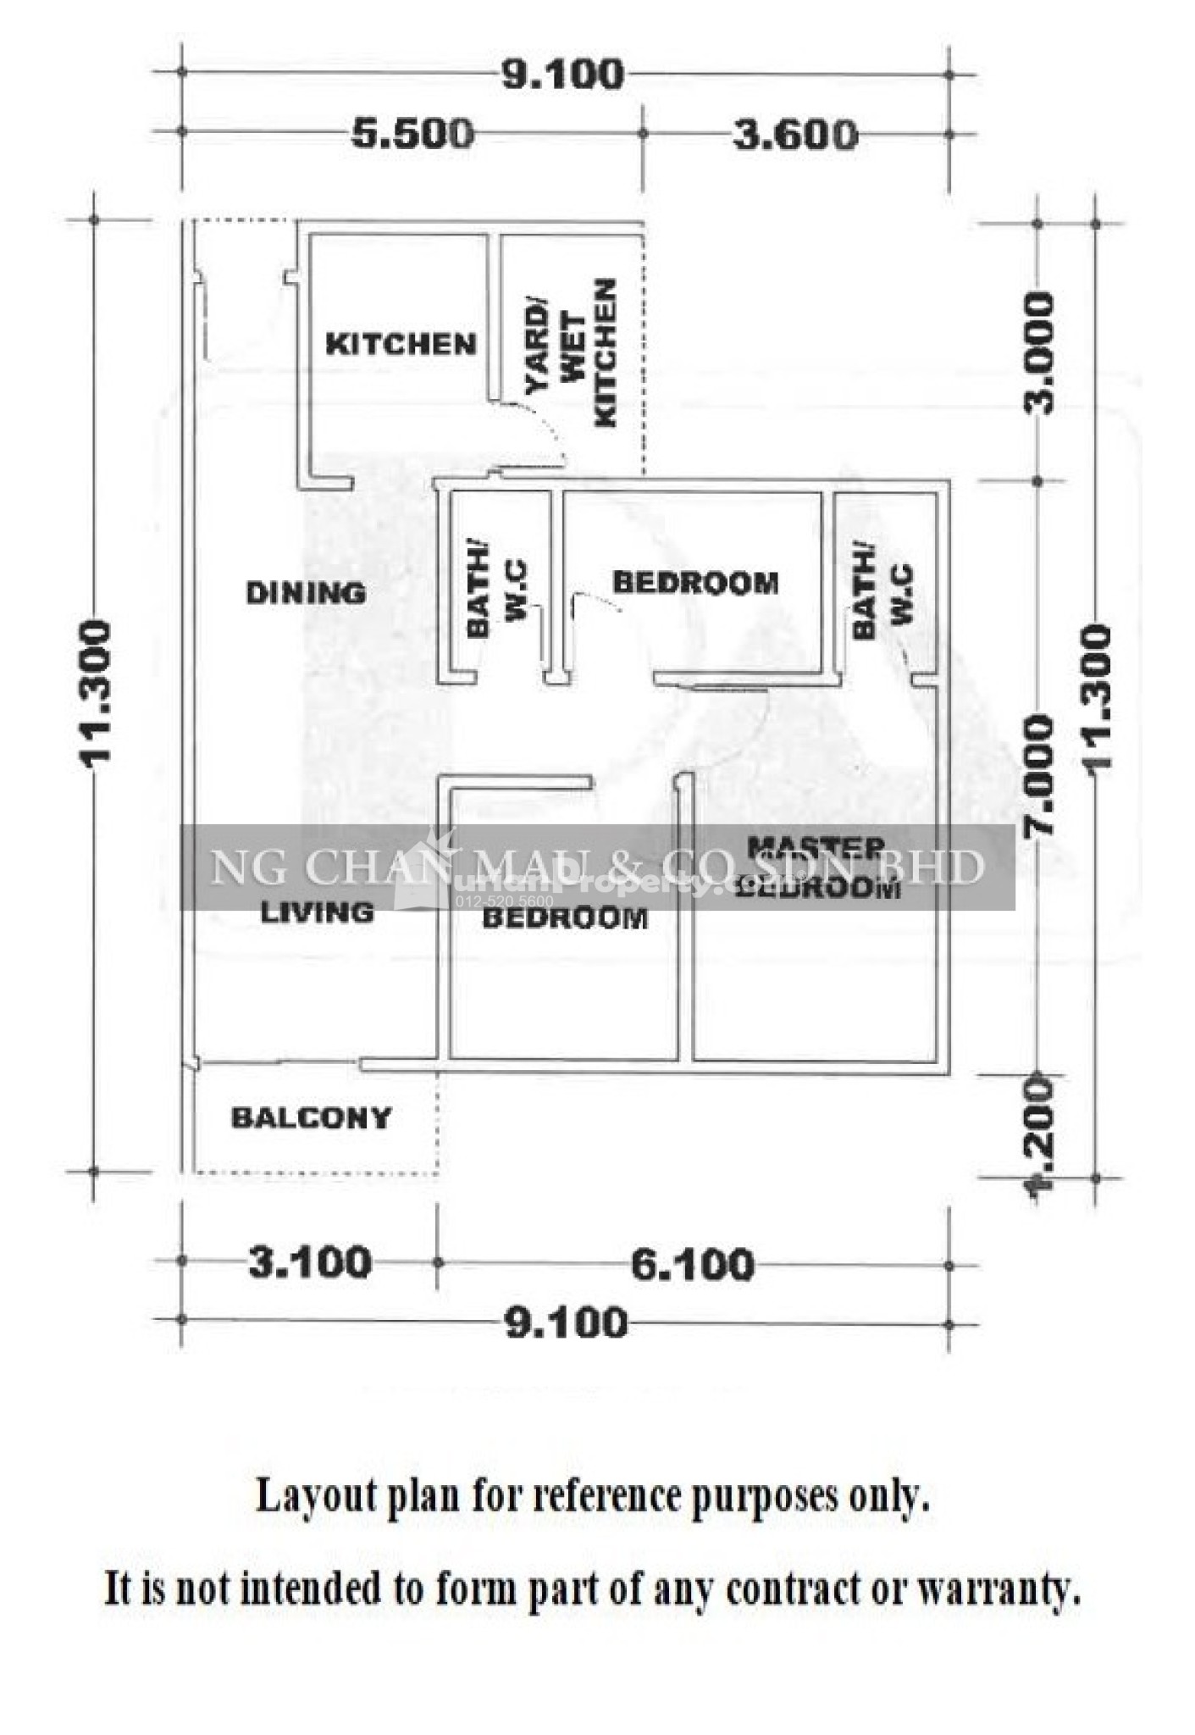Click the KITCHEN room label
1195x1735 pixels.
click(x=401, y=344)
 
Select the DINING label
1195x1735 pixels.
click(x=306, y=592)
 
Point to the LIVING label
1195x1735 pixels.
click(x=317, y=912)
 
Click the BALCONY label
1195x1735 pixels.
click(x=311, y=1117)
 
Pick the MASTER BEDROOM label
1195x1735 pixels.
click(x=816, y=867)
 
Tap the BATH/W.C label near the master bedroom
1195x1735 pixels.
click(x=882, y=597)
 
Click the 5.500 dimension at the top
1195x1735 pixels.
click(x=412, y=134)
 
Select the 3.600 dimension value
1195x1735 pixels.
click(x=794, y=135)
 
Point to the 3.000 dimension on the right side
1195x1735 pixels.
click(x=1040, y=352)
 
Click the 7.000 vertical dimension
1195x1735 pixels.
click(x=1039, y=775)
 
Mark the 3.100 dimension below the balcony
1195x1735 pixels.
click(x=309, y=1261)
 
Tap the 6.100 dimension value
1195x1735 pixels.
click(x=692, y=1264)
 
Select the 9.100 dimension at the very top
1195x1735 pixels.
click(x=563, y=75)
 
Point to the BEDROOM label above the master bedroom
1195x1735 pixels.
click(x=694, y=583)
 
